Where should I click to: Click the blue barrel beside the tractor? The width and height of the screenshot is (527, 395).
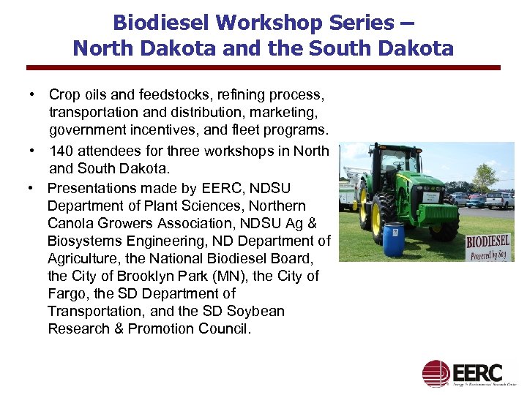[394, 241]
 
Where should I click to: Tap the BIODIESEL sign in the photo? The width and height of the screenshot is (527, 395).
[488, 244]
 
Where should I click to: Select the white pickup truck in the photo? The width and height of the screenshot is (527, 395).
[500, 198]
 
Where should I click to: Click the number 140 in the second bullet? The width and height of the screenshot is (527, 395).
[62, 151]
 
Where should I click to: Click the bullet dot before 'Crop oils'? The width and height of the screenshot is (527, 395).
[32, 95]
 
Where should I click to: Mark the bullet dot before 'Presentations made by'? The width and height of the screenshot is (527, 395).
[32, 189]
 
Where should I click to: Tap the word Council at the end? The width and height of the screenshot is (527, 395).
[222, 328]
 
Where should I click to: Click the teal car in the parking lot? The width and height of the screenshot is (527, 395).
[476, 199]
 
